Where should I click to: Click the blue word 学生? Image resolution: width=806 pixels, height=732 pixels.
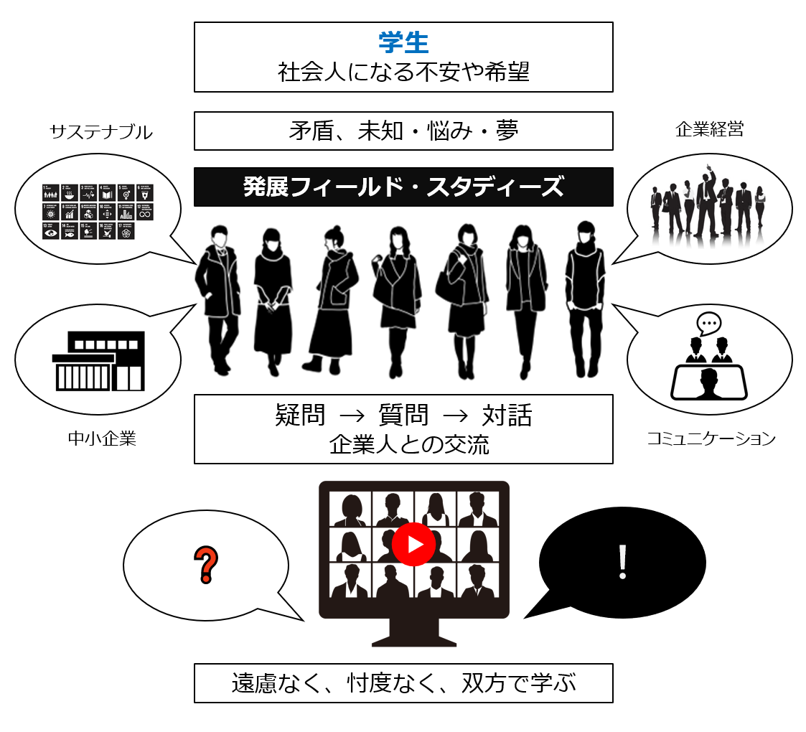(403, 42)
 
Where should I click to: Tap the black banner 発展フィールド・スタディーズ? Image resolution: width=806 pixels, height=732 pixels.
(403, 187)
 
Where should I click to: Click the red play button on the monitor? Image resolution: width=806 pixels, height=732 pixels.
(414, 545)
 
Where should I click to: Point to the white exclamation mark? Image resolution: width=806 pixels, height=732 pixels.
(622, 563)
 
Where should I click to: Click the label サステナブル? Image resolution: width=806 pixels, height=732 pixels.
(101, 132)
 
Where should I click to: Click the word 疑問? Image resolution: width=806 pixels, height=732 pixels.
(301, 415)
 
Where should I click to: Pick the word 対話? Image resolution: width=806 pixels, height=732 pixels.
(507, 415)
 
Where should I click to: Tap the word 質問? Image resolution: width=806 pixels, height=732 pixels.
(403, 415)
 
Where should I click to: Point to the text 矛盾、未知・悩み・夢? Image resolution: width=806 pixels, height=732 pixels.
(403, 131)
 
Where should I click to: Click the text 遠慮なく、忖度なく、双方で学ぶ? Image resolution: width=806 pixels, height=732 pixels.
(403, 683)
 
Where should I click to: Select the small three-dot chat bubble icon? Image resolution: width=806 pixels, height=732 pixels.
(708, 324)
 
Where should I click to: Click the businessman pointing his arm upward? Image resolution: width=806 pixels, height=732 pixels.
(706, 197)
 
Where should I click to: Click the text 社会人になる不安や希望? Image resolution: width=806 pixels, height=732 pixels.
(403, 72)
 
